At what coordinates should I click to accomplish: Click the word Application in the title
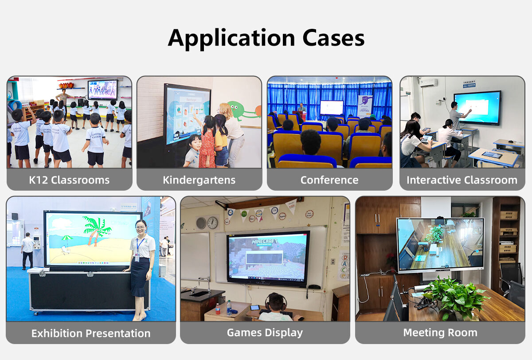[231, 38]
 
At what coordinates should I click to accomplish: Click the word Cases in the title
[333, 38]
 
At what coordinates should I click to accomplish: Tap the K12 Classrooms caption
[69, 180]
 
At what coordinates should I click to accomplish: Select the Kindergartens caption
[199, 180]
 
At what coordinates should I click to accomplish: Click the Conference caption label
[329, 180]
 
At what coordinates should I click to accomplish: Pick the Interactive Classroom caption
[462, 180]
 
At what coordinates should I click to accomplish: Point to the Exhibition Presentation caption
[91, 333]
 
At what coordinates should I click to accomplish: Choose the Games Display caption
[265, 333]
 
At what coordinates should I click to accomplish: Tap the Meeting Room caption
[440, 333]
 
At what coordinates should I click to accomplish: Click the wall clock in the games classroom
[212, 223]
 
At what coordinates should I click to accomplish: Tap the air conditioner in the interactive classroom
[428, 83]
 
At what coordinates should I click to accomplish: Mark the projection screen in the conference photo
[332, 107]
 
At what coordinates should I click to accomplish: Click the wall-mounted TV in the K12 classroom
[102, 90]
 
